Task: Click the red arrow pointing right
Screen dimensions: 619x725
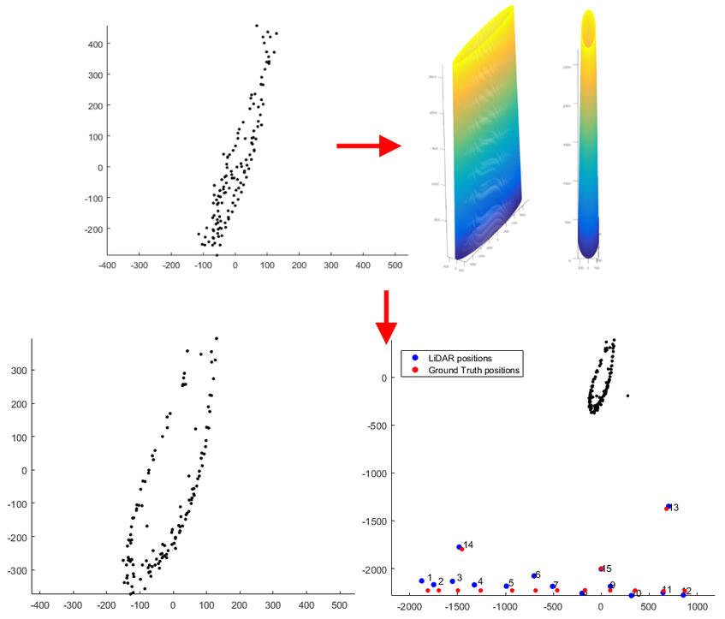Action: click(368, 146)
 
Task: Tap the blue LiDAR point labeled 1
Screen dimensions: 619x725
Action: click(421, 581)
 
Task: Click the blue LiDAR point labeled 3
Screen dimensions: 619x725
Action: click(453, 581)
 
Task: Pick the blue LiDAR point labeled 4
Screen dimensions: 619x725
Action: click(474, 585)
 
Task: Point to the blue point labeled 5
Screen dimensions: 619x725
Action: click(506, 586)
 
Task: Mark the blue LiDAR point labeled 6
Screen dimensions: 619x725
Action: click(533, 575)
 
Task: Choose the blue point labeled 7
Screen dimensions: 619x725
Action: click(552, 586)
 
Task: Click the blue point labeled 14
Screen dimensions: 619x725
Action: click(459, 546)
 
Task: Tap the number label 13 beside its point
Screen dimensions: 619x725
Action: click(674, 508)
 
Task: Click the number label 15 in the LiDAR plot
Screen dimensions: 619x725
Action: click(607, 568)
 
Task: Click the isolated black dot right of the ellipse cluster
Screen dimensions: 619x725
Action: click(627, 396)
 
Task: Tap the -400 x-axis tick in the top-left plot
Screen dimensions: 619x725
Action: click(107, 266)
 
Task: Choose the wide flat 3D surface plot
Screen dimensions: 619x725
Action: click(484, 141)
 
